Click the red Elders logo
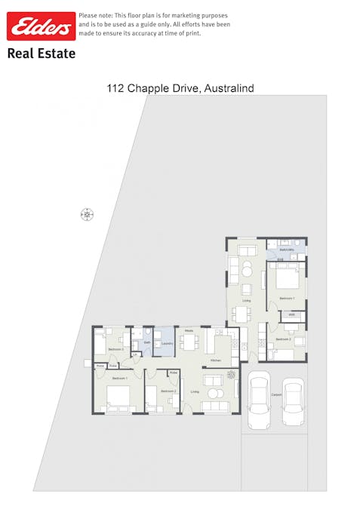tap(41, 26)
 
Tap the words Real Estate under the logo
tap(41, 54)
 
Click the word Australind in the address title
tap(229, 88)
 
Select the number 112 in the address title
tap(115, 88)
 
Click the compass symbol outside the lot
tap(87, 215)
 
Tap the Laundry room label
tap(168, 344)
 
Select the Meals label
tap(189, 330)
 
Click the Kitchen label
tap(215, 361)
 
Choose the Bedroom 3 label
tap(115, 349)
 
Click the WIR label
tap(291, 314)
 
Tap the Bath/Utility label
tap(287, 249)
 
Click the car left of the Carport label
tap(259, 400)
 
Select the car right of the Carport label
tap(293, 403)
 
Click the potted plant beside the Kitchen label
tap(232, 374)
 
